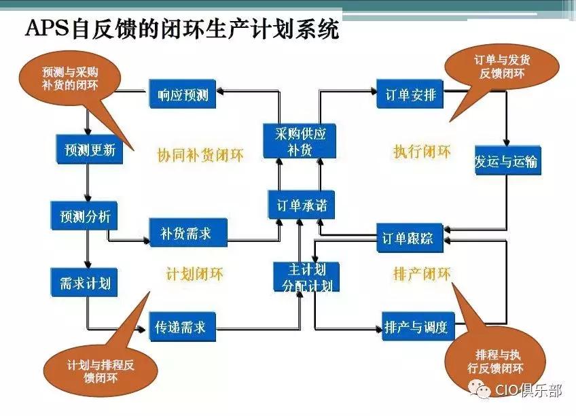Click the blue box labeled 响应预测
(182, 94)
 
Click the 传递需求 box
(182, 328)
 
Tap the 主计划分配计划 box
(306, 277)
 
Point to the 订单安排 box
(410, 94)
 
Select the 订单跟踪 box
(410, 238)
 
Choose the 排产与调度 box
(416, 327)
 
